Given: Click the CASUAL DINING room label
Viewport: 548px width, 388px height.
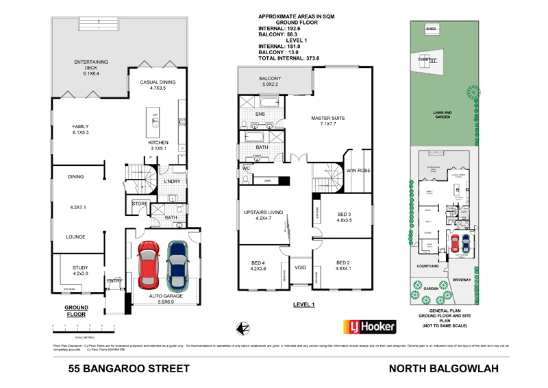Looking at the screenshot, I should click(x=158, y=84).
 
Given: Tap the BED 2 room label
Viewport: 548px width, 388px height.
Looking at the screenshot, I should click(x=344, y=266).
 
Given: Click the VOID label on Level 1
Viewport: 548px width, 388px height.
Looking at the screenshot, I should click(x=300, y=268).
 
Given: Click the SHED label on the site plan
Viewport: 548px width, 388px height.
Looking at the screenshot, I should click(x=431, y=30).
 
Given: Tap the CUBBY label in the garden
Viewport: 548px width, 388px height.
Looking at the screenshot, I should click(x=425, y=60).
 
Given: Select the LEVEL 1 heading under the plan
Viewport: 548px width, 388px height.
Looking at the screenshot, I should click(x=303, y=304).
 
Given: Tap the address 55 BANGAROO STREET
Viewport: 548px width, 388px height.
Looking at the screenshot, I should click(x=129, y=368).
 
